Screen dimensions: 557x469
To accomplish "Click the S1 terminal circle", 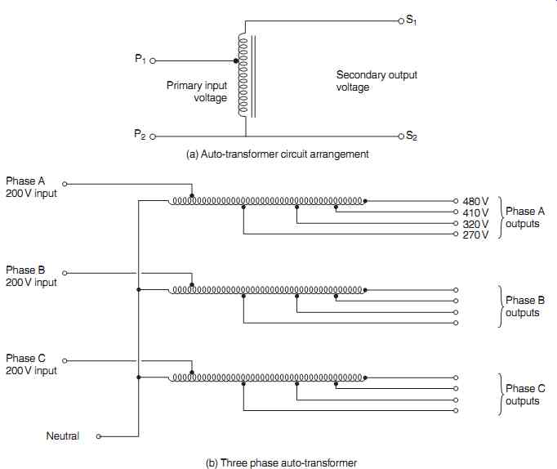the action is click(x=401, y=21).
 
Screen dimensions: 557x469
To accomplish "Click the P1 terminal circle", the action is click(x=153, y=60).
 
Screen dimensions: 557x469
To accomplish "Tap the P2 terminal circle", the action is click(x=153, y=136).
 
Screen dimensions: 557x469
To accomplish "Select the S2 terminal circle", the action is click(x=401, y=136).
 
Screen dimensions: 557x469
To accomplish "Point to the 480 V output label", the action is click(x=475, y=202).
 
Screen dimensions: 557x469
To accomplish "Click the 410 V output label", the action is click(x=475, y=212).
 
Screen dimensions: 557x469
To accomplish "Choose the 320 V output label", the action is click(x=475, y=224).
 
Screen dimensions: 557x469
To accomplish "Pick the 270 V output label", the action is click(x=475, y=234).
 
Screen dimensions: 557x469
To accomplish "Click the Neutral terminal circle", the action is click(x=99, y=436).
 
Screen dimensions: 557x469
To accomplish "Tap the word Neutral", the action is click(x=63, y=436).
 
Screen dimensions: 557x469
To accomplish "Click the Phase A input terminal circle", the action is click(x=65, y=184).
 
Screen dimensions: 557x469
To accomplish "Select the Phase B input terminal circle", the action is click(x=65, y=273).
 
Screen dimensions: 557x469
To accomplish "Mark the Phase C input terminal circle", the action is click(x=65, y=361).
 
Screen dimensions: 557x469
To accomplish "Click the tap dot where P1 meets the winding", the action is click(x=236, y=60).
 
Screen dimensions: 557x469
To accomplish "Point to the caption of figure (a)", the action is click(x=278, y=154).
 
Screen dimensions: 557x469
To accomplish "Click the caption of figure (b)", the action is click(x=281, y=463).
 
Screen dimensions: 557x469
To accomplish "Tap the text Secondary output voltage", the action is click(x=377, y=81).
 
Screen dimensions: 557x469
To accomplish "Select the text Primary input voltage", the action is click(x=197, y=92).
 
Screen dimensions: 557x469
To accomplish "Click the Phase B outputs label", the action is click(x=524, y=306).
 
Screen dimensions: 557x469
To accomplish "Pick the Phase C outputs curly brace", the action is click(x=500, y=395).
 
